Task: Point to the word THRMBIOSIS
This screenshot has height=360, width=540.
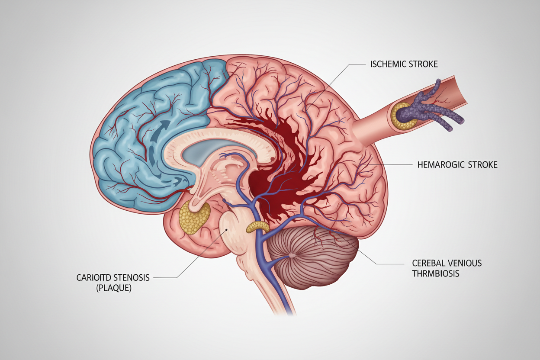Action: [436, 273]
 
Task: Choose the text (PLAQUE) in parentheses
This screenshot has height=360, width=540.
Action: [114, 288]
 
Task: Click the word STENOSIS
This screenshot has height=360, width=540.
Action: [131, 278]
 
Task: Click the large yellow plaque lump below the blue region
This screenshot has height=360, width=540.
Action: [194, 218]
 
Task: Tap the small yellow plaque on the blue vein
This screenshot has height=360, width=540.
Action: [258, 227]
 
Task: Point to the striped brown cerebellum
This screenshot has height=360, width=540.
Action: [313, 258]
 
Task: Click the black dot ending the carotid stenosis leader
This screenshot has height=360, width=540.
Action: [226, 230]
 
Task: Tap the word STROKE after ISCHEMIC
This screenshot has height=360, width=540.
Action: [423, 64]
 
